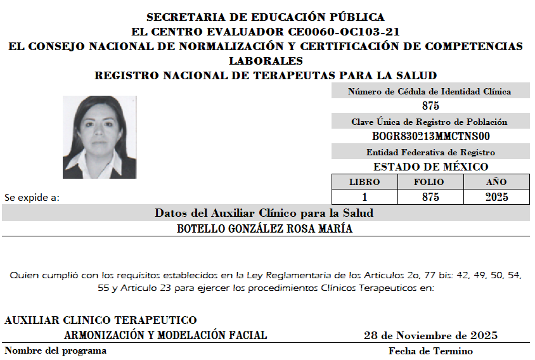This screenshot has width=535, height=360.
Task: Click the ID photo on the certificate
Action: coord(100,137)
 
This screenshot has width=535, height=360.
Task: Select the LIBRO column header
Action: coord(364,182)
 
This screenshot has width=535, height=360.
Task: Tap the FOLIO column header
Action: coord(430,182)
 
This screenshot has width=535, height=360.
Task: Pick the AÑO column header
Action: coord(496,182)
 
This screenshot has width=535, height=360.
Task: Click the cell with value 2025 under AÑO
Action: coord(496,197)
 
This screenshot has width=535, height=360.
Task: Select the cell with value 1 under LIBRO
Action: coord(364,197)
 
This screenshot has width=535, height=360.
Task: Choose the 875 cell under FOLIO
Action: coord(430,197)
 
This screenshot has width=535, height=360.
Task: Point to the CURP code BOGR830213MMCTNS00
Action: coord(430,136)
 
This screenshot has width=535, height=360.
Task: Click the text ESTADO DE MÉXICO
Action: coord(430,167)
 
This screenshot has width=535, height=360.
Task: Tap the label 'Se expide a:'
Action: coord(32,197)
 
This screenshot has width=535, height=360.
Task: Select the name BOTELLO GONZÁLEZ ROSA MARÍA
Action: coord(265,229)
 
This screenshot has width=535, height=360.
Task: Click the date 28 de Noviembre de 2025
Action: coord(430,335)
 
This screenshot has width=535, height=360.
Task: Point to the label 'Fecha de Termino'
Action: coord(430,350)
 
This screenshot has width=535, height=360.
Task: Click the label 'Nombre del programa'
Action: coord(56,350)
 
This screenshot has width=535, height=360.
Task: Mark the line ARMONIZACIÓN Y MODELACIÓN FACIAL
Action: coord(165,335)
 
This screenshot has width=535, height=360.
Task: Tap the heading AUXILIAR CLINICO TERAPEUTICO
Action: coord(101,320)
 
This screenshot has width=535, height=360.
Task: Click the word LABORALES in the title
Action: coord(266,61)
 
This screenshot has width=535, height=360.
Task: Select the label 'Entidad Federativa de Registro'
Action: coord(430,152)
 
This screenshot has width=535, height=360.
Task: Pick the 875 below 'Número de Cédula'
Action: coord(430,106)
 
